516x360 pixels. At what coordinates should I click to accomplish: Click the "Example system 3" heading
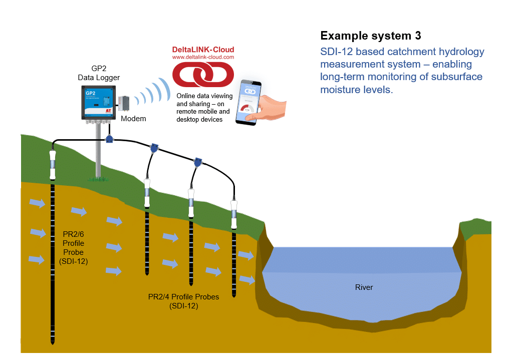[x=370, y=36]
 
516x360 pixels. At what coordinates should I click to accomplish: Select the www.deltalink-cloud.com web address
[x=203, y=58]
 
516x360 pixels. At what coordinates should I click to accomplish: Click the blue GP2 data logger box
[x=99, y=102]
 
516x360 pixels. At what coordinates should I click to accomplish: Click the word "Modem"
[x=133, y=119]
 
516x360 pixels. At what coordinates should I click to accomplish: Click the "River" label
[x=364, y=287]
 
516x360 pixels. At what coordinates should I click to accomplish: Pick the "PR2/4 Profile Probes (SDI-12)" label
[x=183, y=301]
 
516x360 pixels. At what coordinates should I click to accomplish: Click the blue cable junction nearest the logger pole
[x=110, y=140]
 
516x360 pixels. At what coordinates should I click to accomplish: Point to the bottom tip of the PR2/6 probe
[x=52, y=342]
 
